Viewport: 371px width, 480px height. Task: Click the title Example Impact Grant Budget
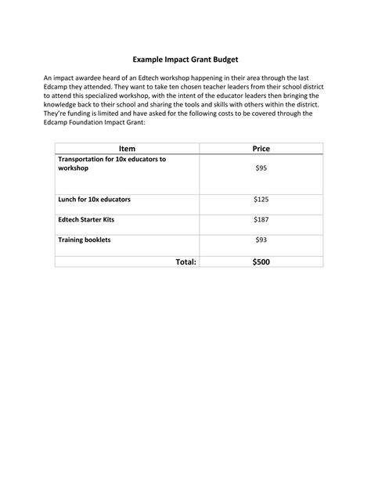185,60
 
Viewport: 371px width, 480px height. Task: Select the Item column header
127,148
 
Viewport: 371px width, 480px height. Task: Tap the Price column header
261,148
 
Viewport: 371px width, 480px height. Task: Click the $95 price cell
261,168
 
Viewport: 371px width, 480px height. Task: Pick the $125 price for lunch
261,200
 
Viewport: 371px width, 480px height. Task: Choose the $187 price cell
261,220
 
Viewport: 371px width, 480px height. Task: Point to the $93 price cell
261,240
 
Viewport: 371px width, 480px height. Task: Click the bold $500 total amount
261,262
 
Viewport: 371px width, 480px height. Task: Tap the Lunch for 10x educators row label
94,200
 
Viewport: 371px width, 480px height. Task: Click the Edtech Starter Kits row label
86,220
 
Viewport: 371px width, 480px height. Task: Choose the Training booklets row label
85,240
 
